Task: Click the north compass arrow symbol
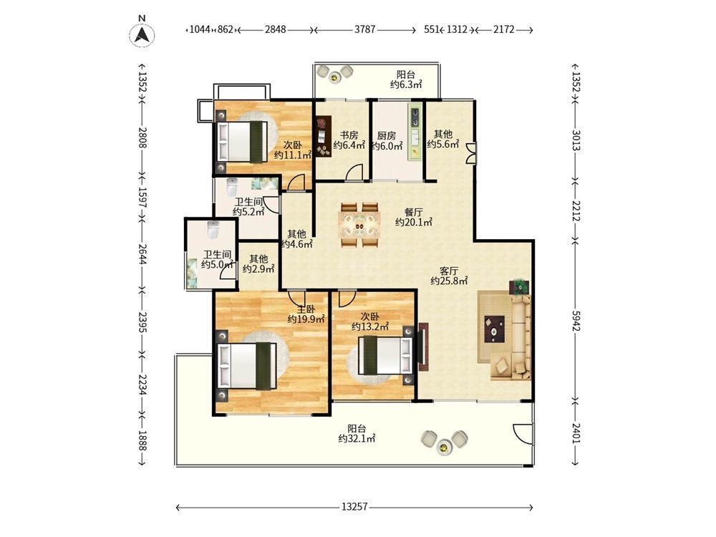142,34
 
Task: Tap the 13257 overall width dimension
354,507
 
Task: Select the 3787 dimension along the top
365,29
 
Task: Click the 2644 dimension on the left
142,253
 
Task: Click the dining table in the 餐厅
359,226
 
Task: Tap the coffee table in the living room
495,329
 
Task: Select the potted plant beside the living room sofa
519,287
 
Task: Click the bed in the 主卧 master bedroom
247,366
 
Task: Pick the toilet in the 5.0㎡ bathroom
213,230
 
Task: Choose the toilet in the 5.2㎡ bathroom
233,186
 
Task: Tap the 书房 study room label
349,135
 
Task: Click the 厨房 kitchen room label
387,135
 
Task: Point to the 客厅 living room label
449,271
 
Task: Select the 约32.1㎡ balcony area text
357,439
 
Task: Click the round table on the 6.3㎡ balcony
334,77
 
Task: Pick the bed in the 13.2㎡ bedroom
387,355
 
